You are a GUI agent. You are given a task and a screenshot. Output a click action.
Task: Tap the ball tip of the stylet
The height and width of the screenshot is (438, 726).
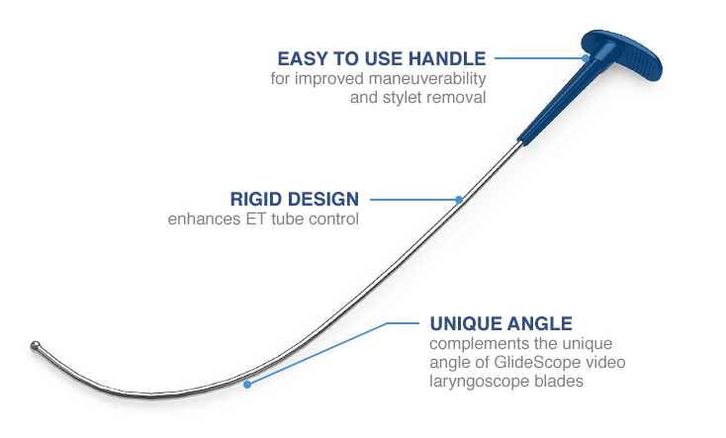tap(35, 346)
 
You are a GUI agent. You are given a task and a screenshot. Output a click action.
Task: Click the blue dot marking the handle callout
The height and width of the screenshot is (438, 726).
tap(586, 58)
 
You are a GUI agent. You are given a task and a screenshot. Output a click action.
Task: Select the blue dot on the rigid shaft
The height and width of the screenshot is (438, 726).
tap(459, 200)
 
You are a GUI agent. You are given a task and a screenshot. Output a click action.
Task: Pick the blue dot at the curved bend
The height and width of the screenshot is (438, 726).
tap(247, 385)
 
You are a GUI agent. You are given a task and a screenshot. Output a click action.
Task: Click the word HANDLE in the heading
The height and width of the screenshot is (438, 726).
tap(447, 58)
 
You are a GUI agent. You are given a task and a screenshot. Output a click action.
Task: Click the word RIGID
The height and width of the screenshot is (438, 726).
tap(254, 199)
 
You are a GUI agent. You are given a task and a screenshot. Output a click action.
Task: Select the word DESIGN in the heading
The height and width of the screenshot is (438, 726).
tap(321, 199)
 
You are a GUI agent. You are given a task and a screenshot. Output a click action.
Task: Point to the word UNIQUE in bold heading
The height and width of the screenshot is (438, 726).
tap(464, 323)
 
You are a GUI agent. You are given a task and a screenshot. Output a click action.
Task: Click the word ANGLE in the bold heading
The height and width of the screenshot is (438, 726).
tap(538, 323)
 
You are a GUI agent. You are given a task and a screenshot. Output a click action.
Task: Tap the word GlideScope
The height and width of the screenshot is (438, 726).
tap(537, 362)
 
